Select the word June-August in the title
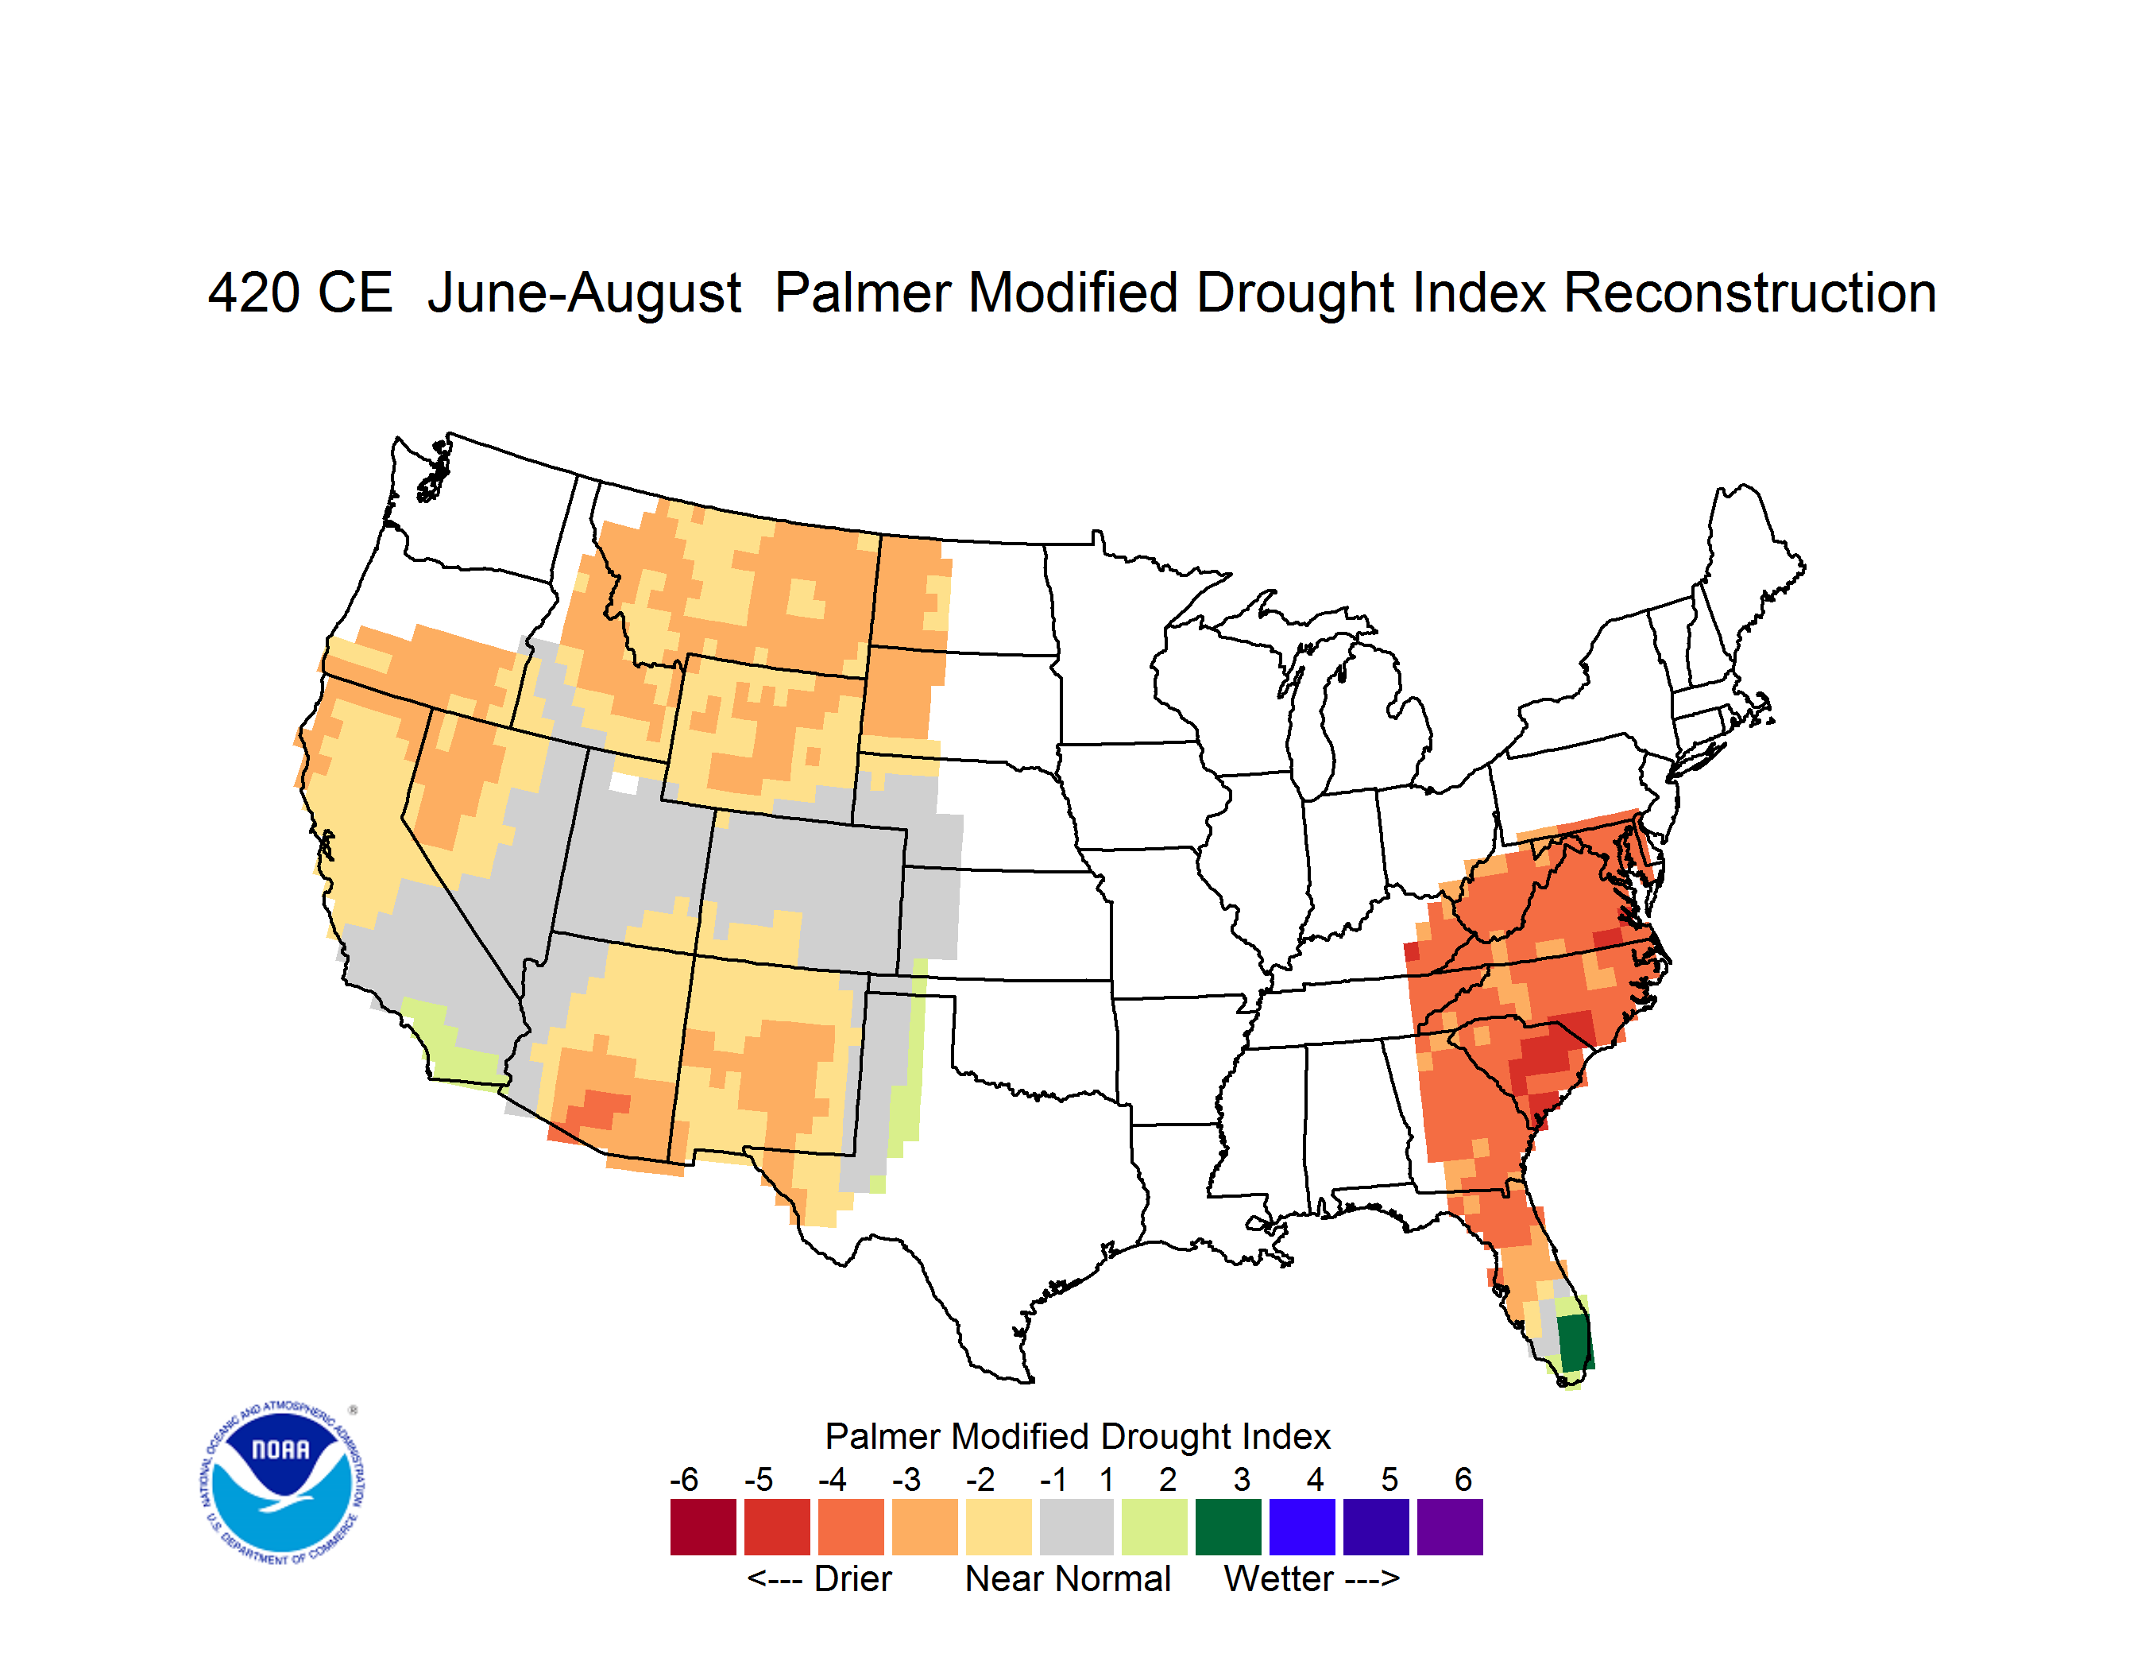click(x=585, y=295)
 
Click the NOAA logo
click(x=282, y=1482)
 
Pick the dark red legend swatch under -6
click(x=703, y=1527)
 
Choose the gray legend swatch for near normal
click(x=1076, y=1527)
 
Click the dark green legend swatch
click(x=1227, y=1527)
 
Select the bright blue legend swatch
click(x=1302, y=1527)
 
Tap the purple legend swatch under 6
click(x=1450, y=1527)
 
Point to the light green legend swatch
click(x=1154, y=1527)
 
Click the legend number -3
click(x=906, y=1479)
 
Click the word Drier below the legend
click(x=852, y=1578)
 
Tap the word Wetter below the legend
click(x=1279, y=1578)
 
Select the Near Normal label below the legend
click(x=1068, y=1578)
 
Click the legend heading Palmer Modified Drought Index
click(x=1077, y=1436)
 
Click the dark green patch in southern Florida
click(x=1575, y=1342)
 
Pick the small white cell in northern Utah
click(x=624, y=783)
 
